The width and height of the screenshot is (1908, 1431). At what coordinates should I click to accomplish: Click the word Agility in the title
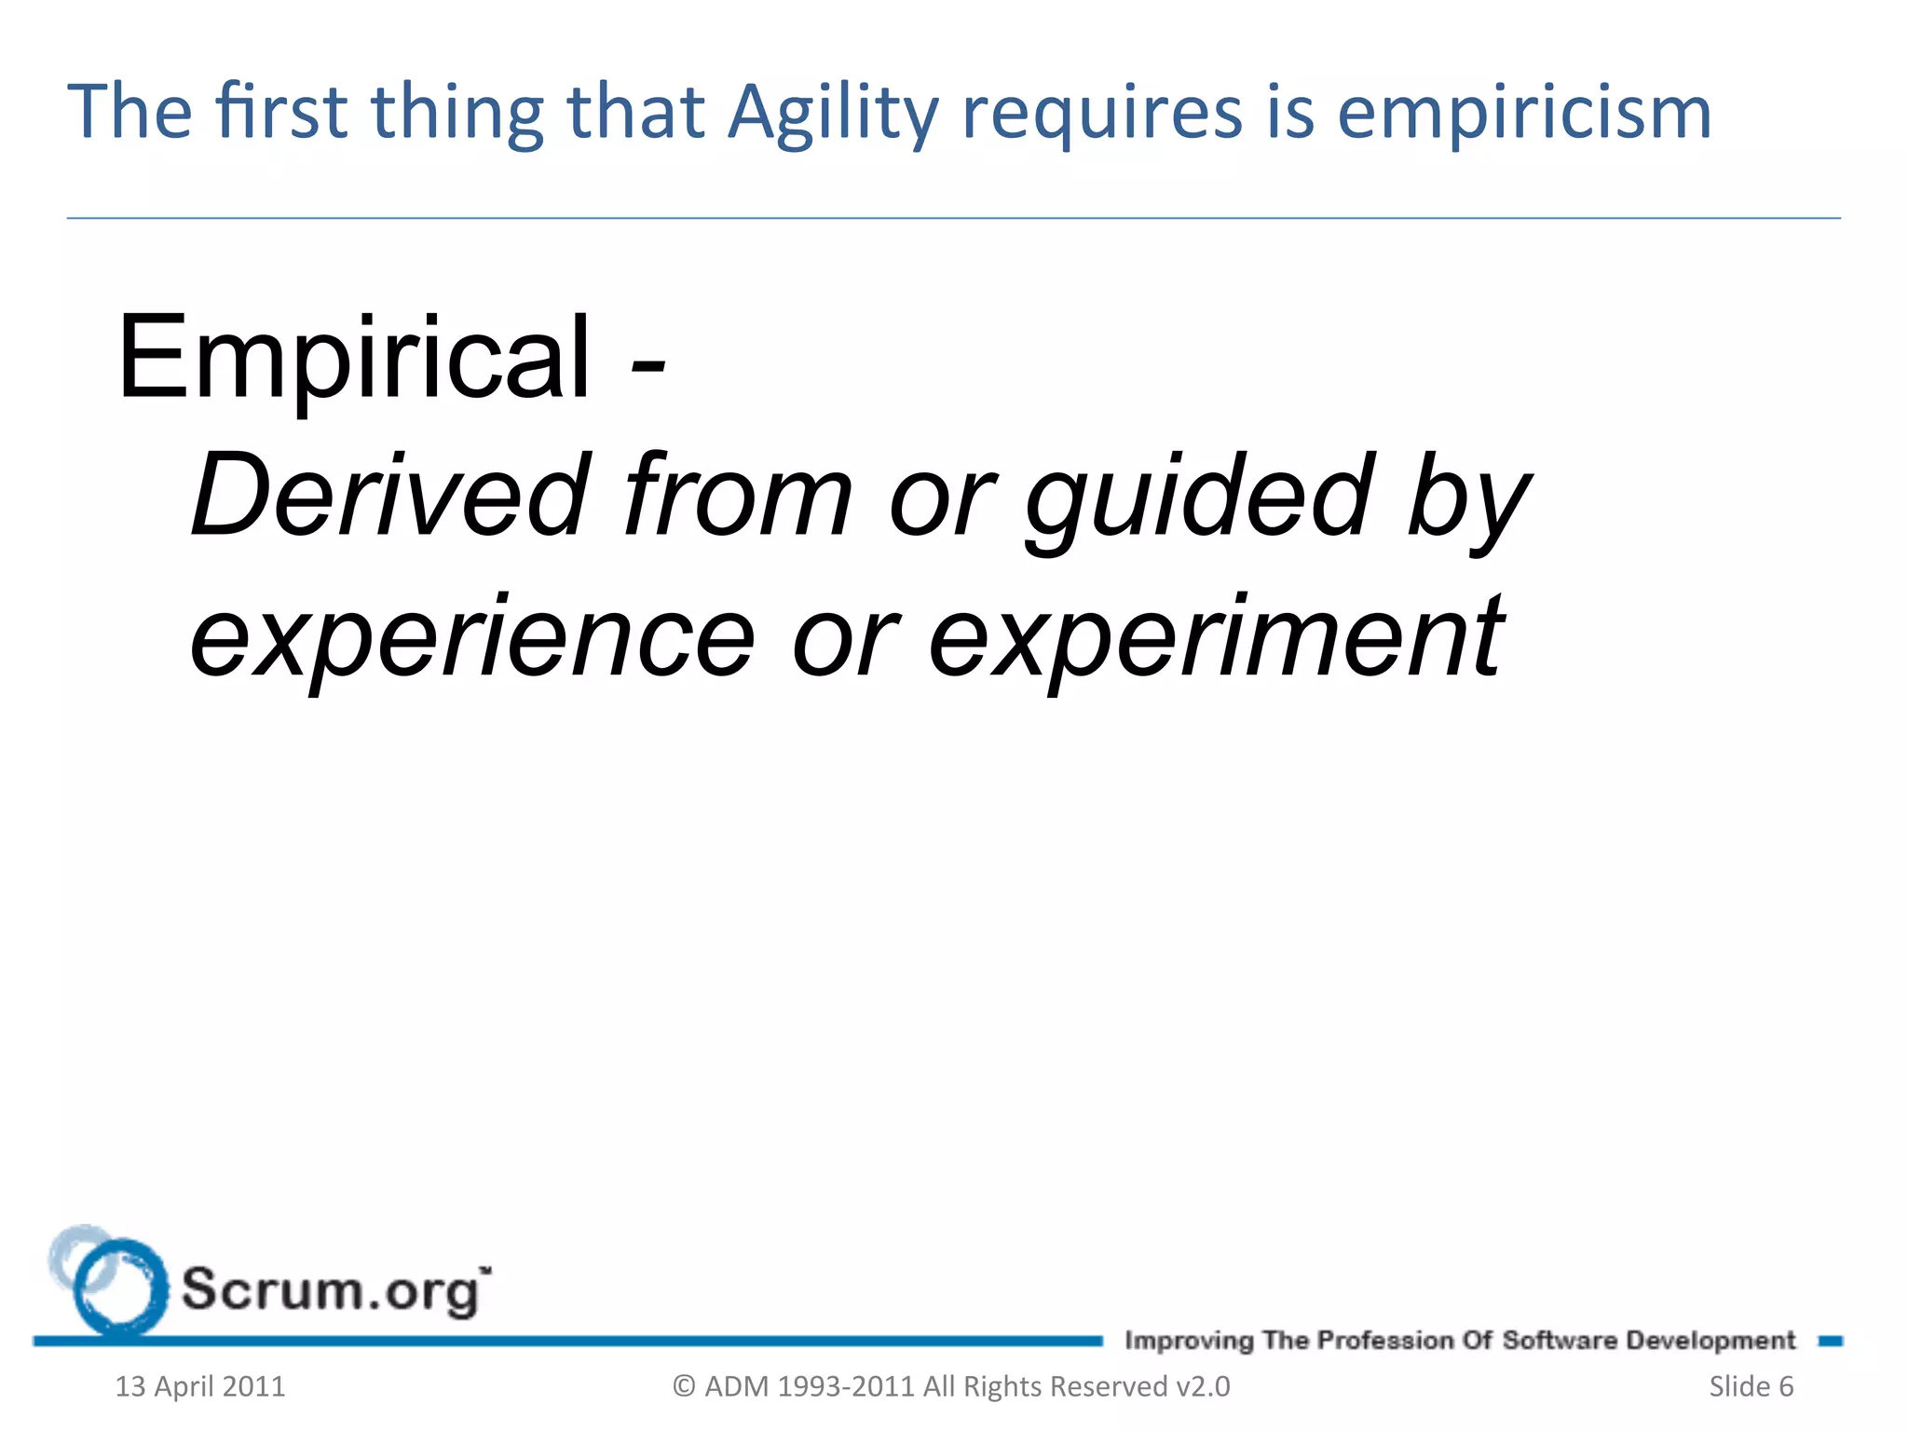[x=834, y=114]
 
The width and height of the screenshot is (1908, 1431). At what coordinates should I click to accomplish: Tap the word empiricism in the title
[x=1524, y=114]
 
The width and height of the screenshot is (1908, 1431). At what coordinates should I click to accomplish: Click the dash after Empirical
[x=647, y=364]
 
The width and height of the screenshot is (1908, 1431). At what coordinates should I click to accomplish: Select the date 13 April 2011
[x=200, y=1386]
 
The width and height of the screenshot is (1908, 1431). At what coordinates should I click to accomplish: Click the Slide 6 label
[x=1751, y=1386]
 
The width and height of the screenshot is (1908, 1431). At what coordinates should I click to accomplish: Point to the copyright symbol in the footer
[x=685, y=1386]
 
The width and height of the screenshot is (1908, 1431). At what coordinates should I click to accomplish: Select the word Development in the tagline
[x=1710, y=1341]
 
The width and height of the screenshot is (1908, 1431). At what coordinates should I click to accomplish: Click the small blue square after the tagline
[x=1830, y=1342]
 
